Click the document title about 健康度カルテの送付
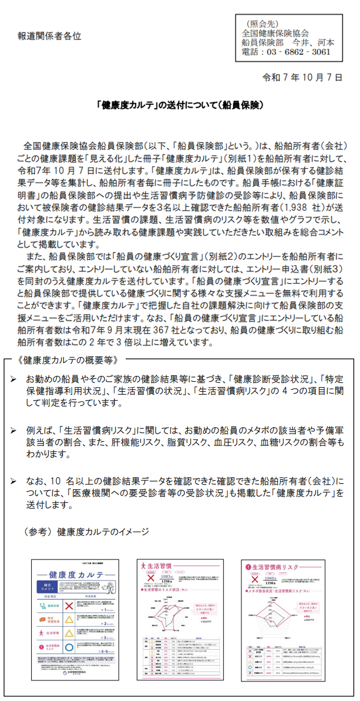(180, 106)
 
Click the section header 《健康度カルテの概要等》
(64, 359)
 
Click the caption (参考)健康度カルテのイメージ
(86, 532)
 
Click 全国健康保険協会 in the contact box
(276, 32)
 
